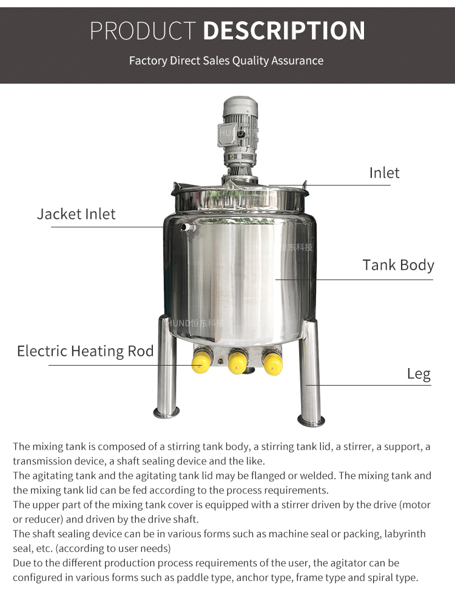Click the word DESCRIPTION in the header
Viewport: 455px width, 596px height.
point(284,31)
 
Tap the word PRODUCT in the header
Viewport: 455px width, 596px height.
point(143,31)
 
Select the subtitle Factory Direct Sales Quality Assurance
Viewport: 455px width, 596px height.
point(226,61)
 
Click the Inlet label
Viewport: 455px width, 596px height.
point(385,173)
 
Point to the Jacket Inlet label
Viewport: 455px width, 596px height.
point(76,214)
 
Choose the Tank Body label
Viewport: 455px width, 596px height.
point(399,265)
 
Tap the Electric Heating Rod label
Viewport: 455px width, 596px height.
point(86,351)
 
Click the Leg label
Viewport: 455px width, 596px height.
point(419,373)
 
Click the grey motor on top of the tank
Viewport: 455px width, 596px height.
point(240,130)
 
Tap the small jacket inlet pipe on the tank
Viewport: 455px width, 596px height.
point(186,227)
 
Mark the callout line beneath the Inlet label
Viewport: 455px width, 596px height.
point(340,186)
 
